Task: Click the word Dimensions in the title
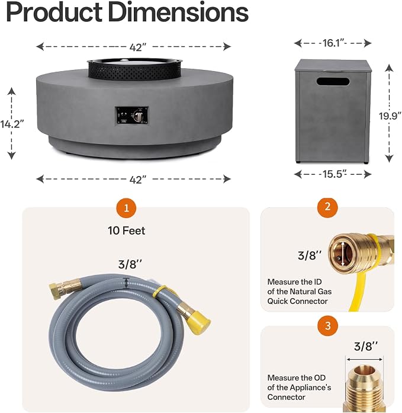[178, 12]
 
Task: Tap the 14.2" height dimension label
[12, 124]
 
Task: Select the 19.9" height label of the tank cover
[390, 116]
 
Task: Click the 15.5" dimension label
[333, 174]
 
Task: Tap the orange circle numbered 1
[127, 208]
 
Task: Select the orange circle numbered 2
[327, 207]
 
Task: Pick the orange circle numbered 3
[327, 326]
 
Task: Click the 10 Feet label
[126, 230]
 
